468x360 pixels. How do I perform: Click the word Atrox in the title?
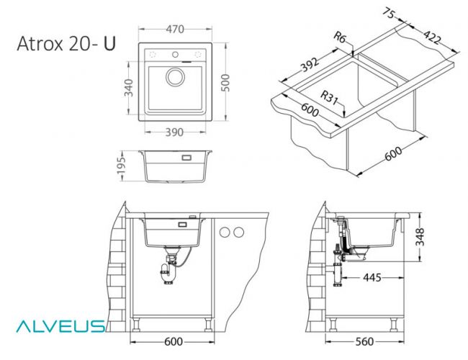pyautogui.click(x=41, y=45)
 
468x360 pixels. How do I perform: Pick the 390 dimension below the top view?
pyautogui.click(x=174, y=132)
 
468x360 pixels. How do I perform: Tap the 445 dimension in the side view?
pyautogui.click(x=372, y=277)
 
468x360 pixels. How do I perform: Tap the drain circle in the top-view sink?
pyautogui.click(x=175, y=78)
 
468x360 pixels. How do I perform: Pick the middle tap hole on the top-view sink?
pyautogui.click(x=174, y=55)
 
